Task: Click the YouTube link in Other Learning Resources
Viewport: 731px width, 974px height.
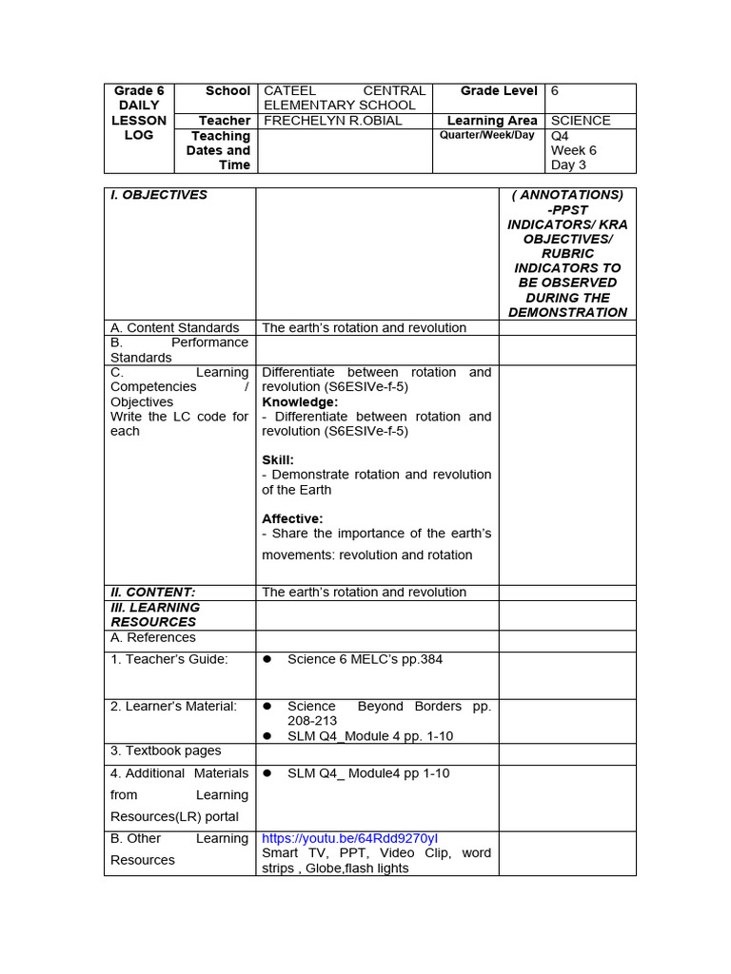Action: coord(349,838)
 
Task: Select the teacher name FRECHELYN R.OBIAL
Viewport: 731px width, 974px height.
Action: coord(332,121)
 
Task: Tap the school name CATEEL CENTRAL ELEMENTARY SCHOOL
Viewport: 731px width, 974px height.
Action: coord(344,98)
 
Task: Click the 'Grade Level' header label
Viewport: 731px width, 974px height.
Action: coord(499,91)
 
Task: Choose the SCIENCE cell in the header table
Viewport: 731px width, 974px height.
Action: coord(581,121)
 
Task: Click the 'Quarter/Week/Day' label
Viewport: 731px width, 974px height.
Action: coord(486,135)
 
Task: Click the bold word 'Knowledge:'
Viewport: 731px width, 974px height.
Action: coord(300,402)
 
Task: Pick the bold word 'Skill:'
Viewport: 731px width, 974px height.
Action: coord(278,460)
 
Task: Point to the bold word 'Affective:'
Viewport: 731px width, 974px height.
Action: coord(292,518)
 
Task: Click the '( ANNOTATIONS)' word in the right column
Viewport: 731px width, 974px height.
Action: coord(567,195)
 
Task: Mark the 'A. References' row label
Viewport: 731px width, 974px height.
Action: coord(153,637)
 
